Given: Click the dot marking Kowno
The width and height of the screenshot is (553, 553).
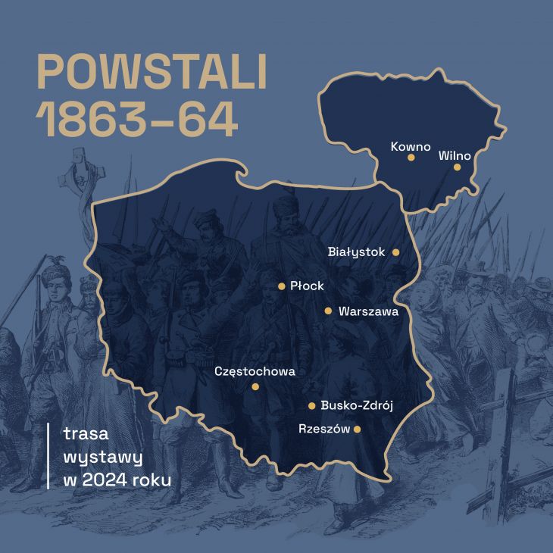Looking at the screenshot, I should [x=411, y=158].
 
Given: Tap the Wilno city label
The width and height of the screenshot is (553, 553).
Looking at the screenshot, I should [x=455, y=156].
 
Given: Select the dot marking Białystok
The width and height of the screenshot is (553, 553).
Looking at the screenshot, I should [x=395, y=252].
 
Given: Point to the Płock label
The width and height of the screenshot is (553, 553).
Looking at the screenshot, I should [x=307, y=286].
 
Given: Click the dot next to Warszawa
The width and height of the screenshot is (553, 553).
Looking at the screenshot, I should [x=328, y=311].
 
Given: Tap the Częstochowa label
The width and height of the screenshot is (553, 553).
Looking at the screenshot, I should [x=255, y=371].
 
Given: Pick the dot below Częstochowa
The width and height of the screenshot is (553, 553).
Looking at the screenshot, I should [x=255, y=387].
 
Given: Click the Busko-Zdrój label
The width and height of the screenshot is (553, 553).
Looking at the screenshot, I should [x=356, y=405].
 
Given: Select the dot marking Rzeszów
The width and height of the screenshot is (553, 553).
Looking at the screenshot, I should [x=357, y=429].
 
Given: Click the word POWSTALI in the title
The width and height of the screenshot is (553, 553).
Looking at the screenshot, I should [x=152, y=73].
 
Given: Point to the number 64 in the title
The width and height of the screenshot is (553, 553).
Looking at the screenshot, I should [x=208, y=120].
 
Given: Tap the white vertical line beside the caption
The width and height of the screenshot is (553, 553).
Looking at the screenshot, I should [x=48, y=456].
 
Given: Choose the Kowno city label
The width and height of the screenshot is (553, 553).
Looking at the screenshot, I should [x=411, y=145].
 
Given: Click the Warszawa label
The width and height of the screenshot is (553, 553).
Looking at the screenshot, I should [x=368, y=311].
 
